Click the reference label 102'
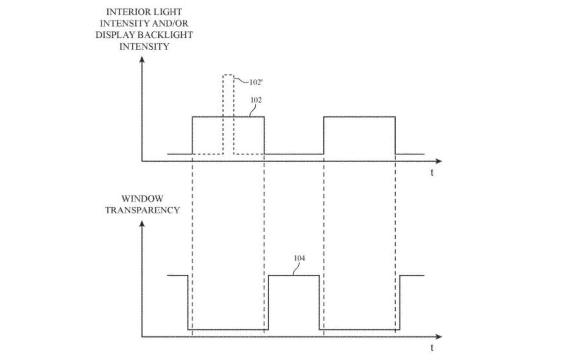[256, 82]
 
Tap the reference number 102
[256, 100]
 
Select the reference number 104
[299, 258]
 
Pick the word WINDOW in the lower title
[142, 199]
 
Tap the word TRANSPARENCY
[142, 210]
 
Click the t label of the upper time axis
[432, 172]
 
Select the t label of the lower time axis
[432, 348]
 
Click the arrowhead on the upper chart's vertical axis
[142, 60]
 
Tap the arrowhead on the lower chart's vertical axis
[142, 224]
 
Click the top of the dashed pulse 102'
[229, 75]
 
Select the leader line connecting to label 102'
[241, 81]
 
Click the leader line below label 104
[296, 269]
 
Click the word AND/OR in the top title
[173, 23]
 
